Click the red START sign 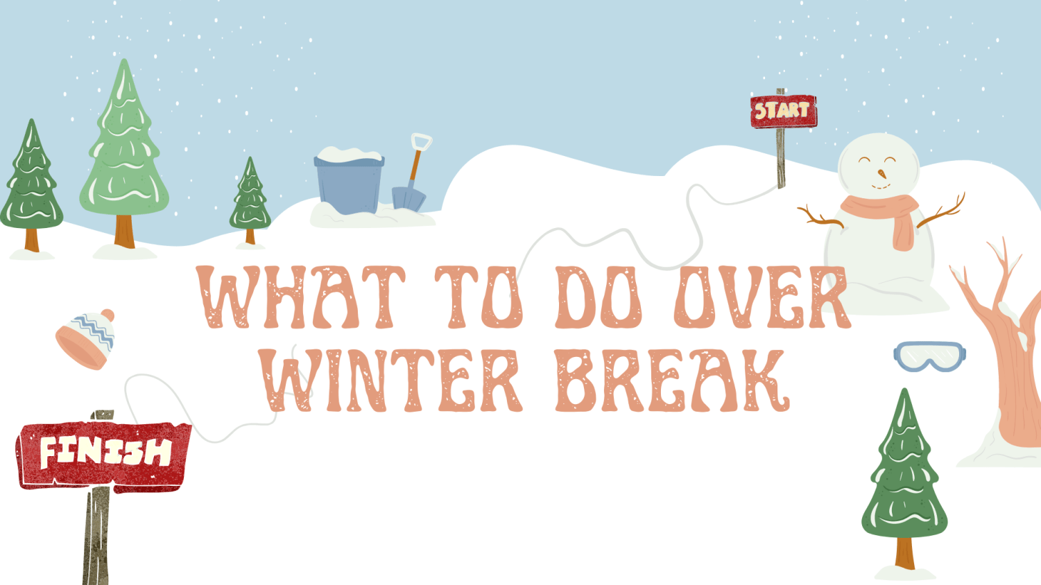click(x=783, y=112)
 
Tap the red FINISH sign click(x=104, y=454)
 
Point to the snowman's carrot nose click(x=881, y=173)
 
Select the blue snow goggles click(x=929, y=356)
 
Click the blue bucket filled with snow click(x=348, y=184)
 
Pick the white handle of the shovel click(x=421, y=142)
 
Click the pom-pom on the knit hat click(x=107, y=316)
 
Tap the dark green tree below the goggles click(x=904, y=478)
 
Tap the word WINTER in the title click(x=391, y=381)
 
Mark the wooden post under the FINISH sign click(x=97, y=534)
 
